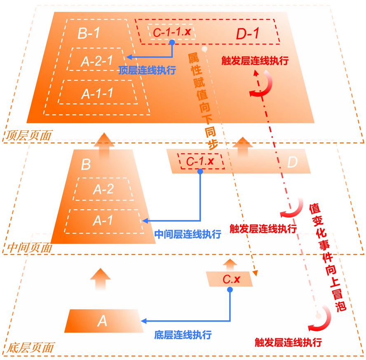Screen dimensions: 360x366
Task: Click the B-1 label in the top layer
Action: pyautogui.click(x=89, y=33)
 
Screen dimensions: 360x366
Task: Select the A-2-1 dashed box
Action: pyautogui.click(x=98, y=60)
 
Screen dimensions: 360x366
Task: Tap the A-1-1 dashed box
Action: pyautogui.click(x=98, y=93)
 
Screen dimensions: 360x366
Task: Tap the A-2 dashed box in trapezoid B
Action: pyautogui.click(x=103, y=189)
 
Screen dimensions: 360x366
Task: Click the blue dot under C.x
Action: pyautogui.click(x=230, y=290)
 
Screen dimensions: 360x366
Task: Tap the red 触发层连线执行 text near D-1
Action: pyautogui.click(x=255, y=61)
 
